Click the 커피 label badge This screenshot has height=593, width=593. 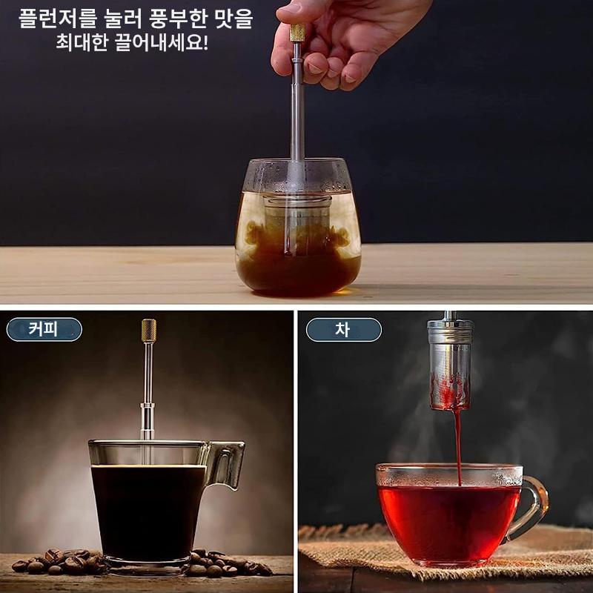44,329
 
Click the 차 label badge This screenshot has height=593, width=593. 343,330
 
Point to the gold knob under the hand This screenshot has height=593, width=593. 298,32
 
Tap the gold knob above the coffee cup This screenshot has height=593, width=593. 149,331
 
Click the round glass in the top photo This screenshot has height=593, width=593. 298,228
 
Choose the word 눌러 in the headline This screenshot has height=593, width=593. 122,19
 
